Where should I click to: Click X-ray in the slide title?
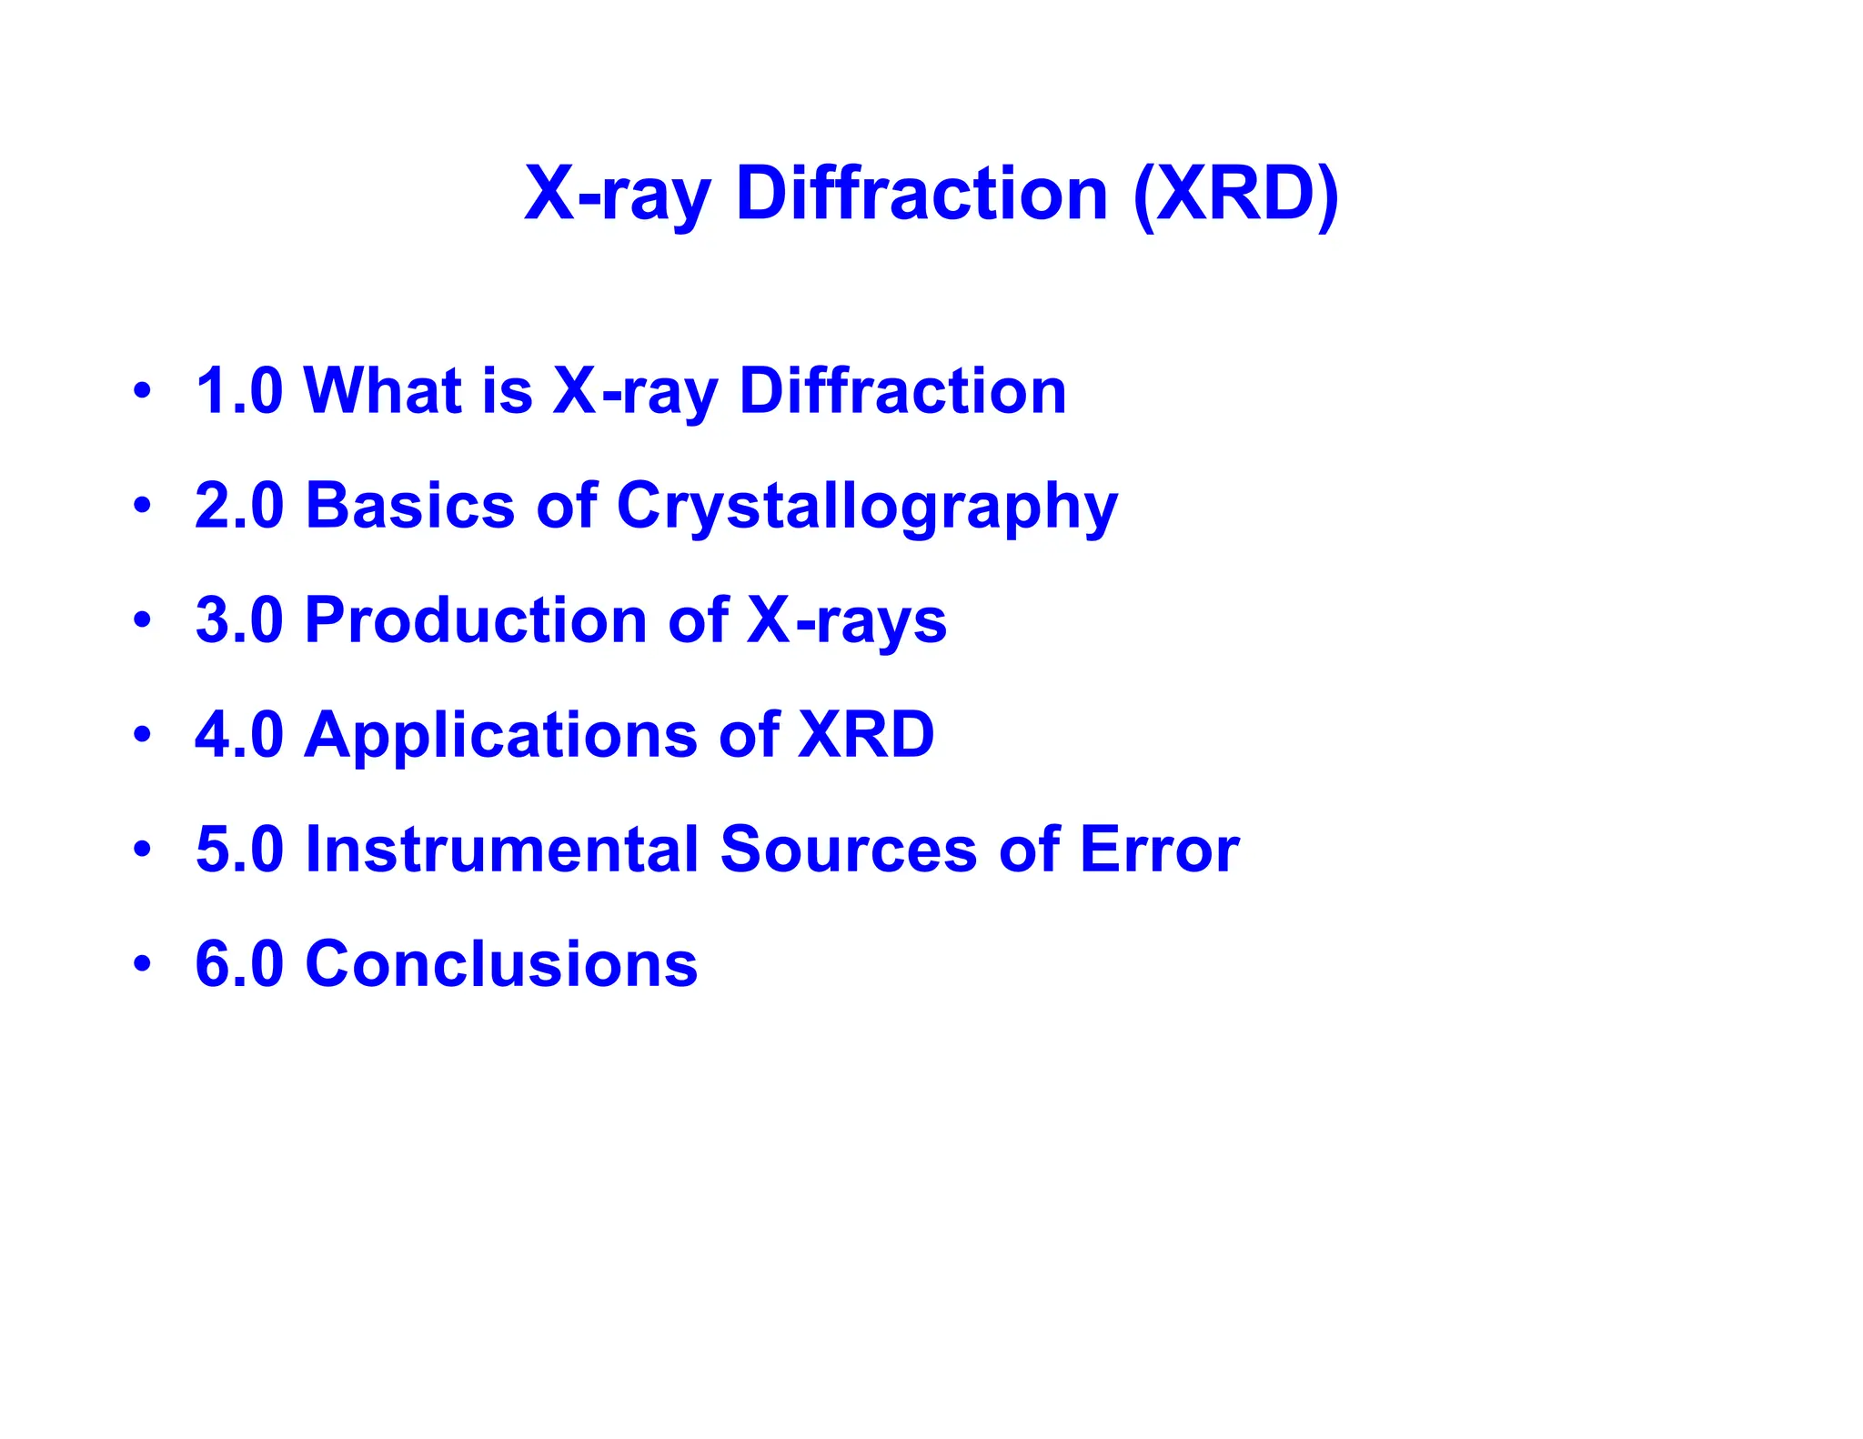[617, 196]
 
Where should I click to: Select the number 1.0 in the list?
[239, 391]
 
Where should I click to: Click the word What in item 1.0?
[381, 391]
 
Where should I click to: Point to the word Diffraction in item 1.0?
[902, 391]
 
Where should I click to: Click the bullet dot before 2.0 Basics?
[141, 505]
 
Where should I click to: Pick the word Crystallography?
[867, 508]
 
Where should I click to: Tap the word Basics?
[410, 506]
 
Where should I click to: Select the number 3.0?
[239, 620]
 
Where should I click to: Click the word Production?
[476, 620]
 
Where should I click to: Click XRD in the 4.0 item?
[866, 734]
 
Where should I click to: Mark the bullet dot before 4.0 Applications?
[141, 734]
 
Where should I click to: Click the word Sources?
[849, 849]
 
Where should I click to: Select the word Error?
[1159, 849]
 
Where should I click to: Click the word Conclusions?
[501, 963]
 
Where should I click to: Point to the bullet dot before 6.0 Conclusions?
[141, 963]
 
